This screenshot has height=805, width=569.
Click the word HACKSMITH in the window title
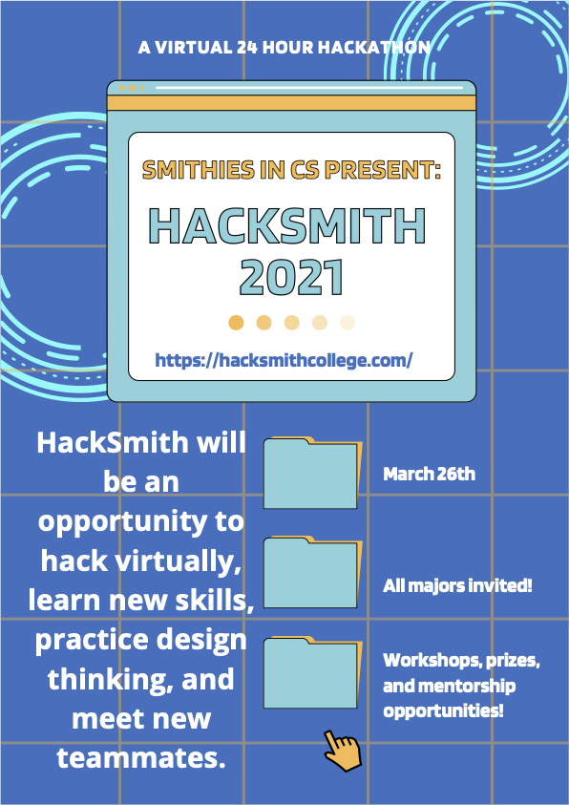pos(287,226)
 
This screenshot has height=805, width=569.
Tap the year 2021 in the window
pos(290,277)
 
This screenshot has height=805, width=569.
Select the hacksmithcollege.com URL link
pos(284,360)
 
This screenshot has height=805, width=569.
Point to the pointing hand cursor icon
pos(342,749)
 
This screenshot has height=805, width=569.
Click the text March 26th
pos(429,474)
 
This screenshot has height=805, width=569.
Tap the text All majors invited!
pos(457,585)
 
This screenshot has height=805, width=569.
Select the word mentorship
pos(468,686)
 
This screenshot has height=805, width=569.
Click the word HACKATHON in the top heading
pos(380,46)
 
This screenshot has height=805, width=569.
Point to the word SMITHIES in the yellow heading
pos(194,171)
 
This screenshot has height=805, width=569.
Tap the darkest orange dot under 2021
pos(237,323)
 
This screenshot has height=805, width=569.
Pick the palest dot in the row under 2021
pos(348,323)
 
